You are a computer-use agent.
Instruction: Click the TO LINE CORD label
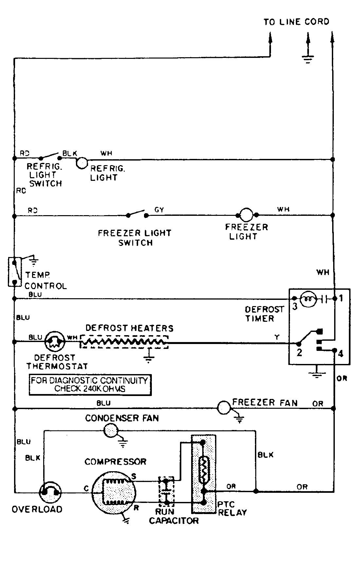(x=296, y=22)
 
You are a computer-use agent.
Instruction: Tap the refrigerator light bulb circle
(x=81, y=163)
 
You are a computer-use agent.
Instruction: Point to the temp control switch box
(x=14, y=272)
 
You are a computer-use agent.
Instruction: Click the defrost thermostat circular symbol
(x=55, y=341)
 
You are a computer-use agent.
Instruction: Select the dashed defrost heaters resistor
(x=124, y=342)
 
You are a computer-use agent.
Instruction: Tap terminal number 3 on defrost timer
(x=295, y=307)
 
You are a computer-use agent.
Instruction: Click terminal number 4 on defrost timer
(x=341, y=354)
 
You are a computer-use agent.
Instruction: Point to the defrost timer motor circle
(x=309, y=298)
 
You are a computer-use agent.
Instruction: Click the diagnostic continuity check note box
(x=90, y=385)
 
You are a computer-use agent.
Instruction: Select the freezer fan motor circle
(x=225, y=408)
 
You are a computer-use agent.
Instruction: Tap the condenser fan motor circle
(x=110, y=431)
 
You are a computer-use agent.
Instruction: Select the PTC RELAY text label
(x=232, y=508)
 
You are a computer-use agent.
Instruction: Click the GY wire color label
(x=159, y=210)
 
